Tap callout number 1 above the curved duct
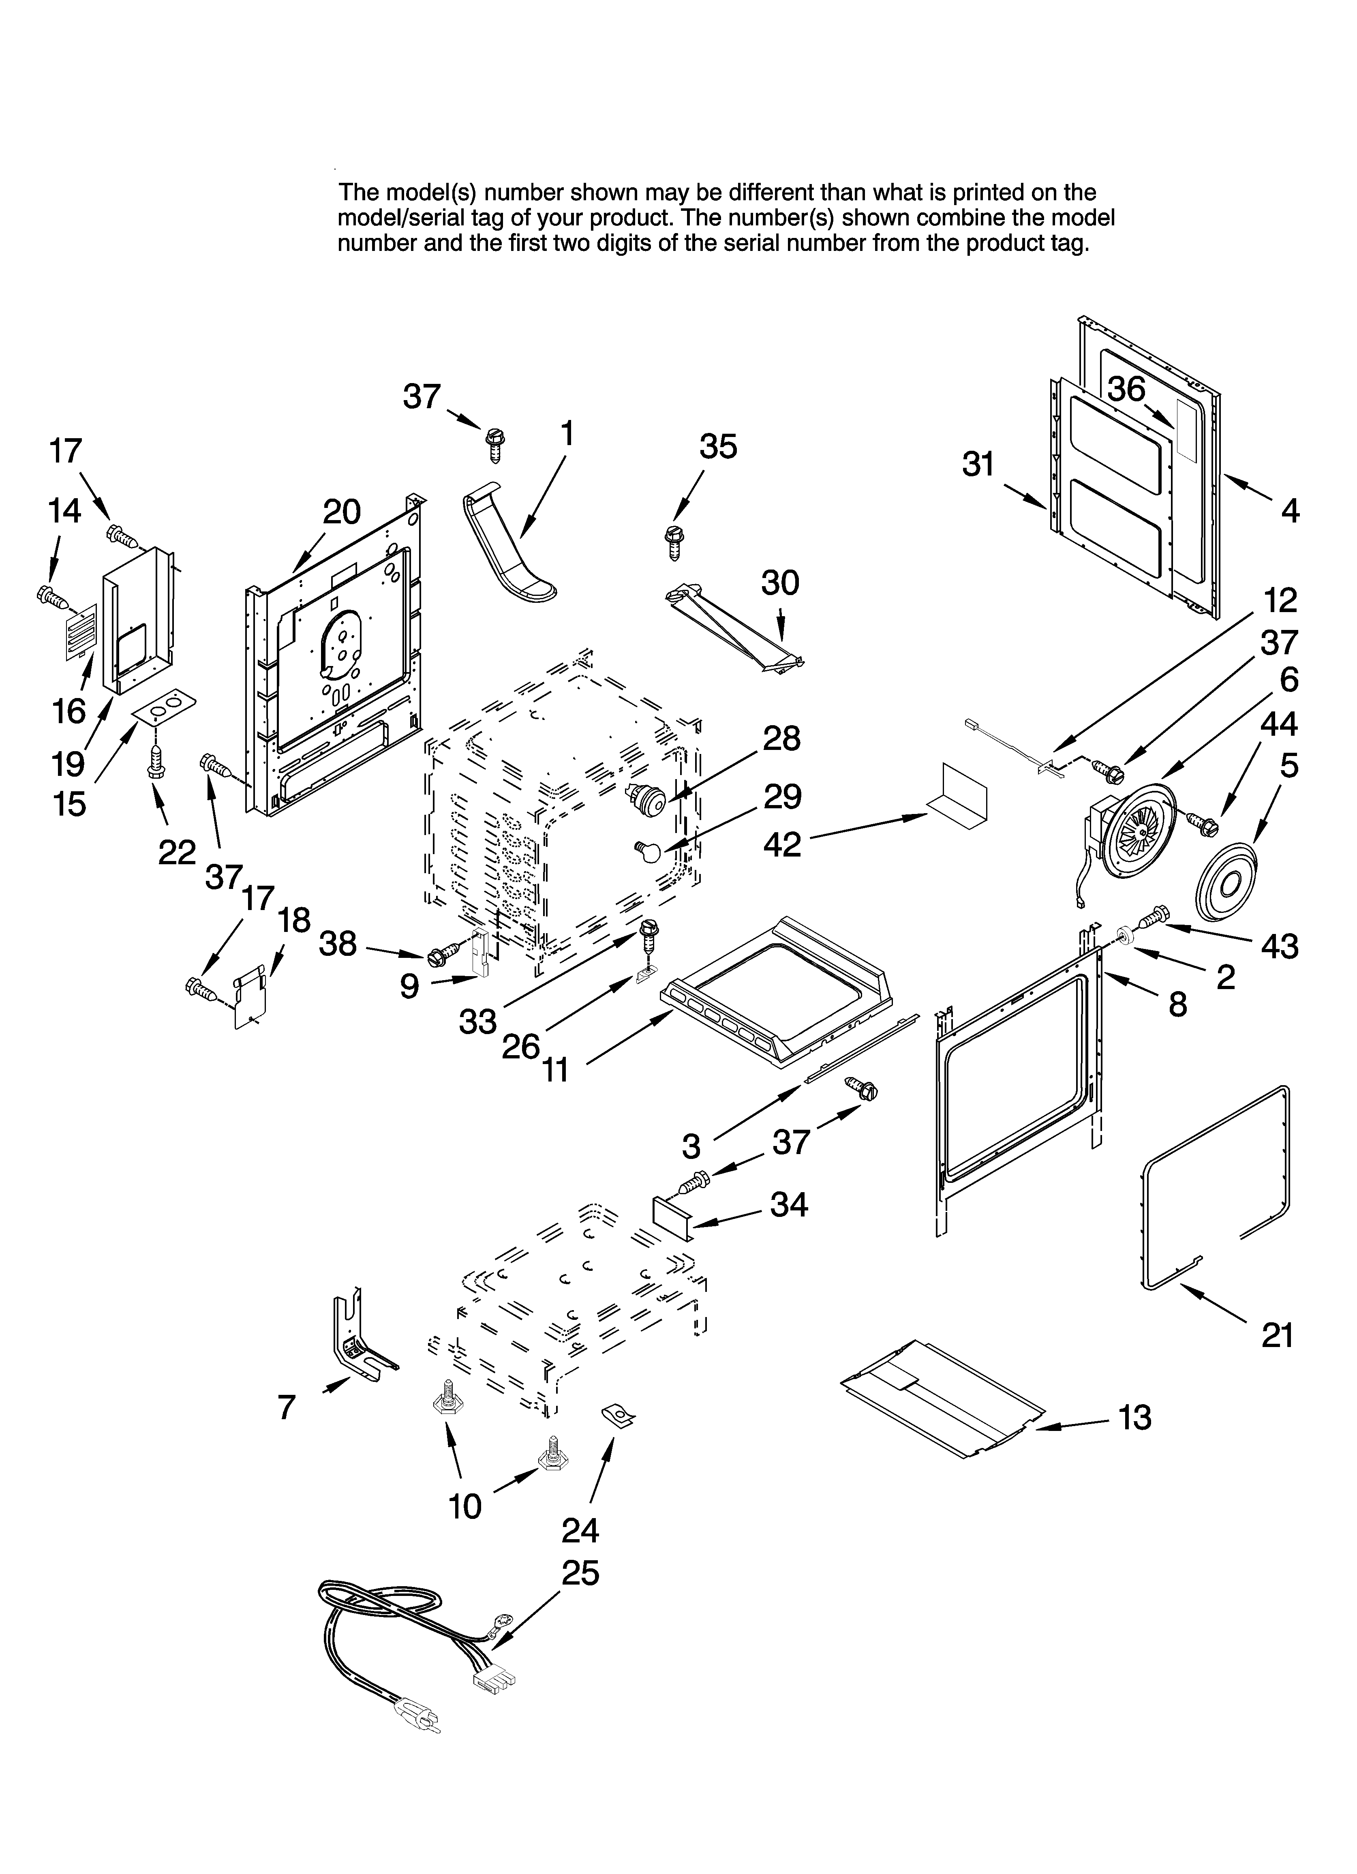tap(567, 433)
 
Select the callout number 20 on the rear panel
tap(341, 512)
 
